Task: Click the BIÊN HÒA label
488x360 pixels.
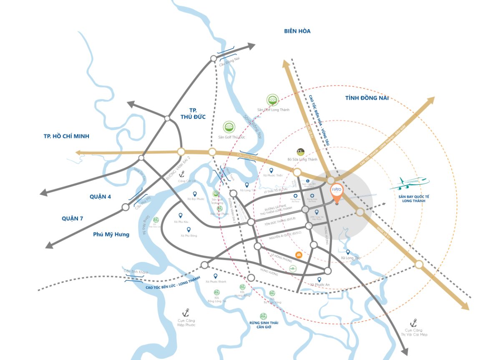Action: pyautogui.click(x=297, y=31)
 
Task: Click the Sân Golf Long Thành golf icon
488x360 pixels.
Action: pyautogui.click(x=272, y=100)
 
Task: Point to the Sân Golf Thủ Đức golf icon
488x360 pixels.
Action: pyautogui.click(x=229, y=127)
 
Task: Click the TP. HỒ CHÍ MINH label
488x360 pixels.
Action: pyautogui.click(x=66, y=136)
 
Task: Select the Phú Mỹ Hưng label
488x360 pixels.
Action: pyautogui.click(x=111, y=234)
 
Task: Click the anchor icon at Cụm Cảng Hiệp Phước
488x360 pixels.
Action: pyautogui.click(x=186, y=312)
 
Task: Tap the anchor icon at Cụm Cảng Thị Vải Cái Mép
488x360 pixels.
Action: pyautogui.click(x=414, y=322)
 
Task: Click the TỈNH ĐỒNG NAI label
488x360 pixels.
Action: pyautogui.click(x=367, y=98)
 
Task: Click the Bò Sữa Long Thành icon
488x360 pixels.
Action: pyautogui.click(x=300, y=152)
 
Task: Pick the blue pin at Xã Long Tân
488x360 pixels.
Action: pyautogui.click(x=247, y=185)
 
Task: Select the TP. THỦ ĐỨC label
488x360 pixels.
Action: pyautogui.click(x=192, y=113)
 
